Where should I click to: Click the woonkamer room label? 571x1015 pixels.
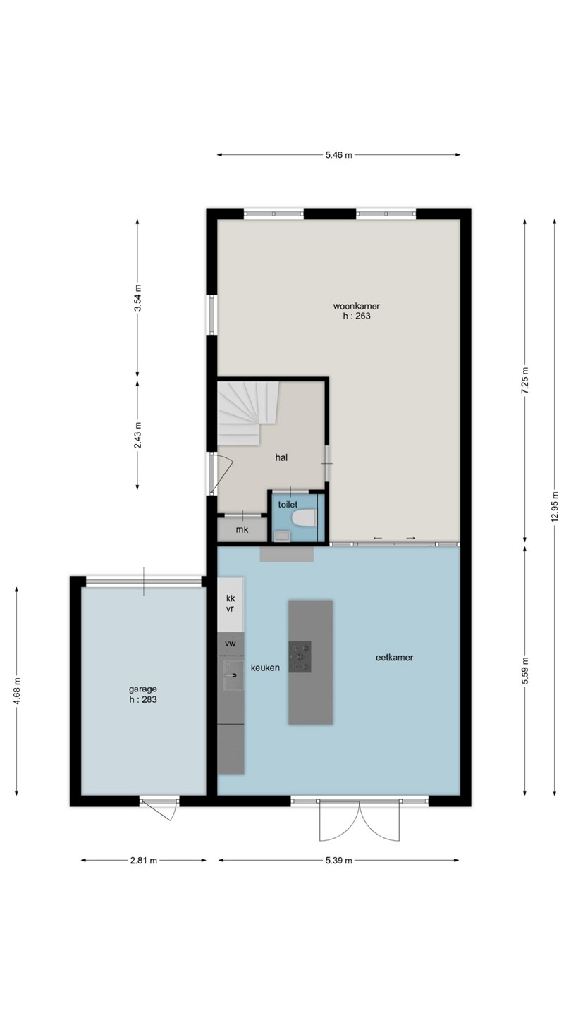click(356, 306)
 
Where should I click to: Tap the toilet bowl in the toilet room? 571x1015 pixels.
click(304, 517)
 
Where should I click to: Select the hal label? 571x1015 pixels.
click(281, 457)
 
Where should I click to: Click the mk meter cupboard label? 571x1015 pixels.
click(242, 529)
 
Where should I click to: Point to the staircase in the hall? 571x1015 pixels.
click(247, 413)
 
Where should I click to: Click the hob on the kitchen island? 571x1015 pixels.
click(300, 657)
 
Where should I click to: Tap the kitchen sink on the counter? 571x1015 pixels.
click(233, 675)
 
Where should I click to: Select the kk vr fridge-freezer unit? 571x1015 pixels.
click(231, 604)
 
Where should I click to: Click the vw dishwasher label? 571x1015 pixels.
click(231, 644)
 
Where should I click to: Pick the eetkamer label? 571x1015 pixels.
click(394, 658)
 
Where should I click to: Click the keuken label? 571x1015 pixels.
click(265, 668)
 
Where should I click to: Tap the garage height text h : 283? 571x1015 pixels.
click(142, 699)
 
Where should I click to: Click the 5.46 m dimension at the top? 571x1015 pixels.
click(338, 155)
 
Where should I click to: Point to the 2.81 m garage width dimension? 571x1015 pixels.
click(144, 861)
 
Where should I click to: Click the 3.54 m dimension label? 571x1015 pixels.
click(137, 297)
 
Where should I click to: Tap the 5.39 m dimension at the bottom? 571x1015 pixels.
click(338, 861)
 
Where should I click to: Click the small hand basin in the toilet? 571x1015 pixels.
click(282, 536)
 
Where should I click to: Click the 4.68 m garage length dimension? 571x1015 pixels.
click(17, 691)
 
